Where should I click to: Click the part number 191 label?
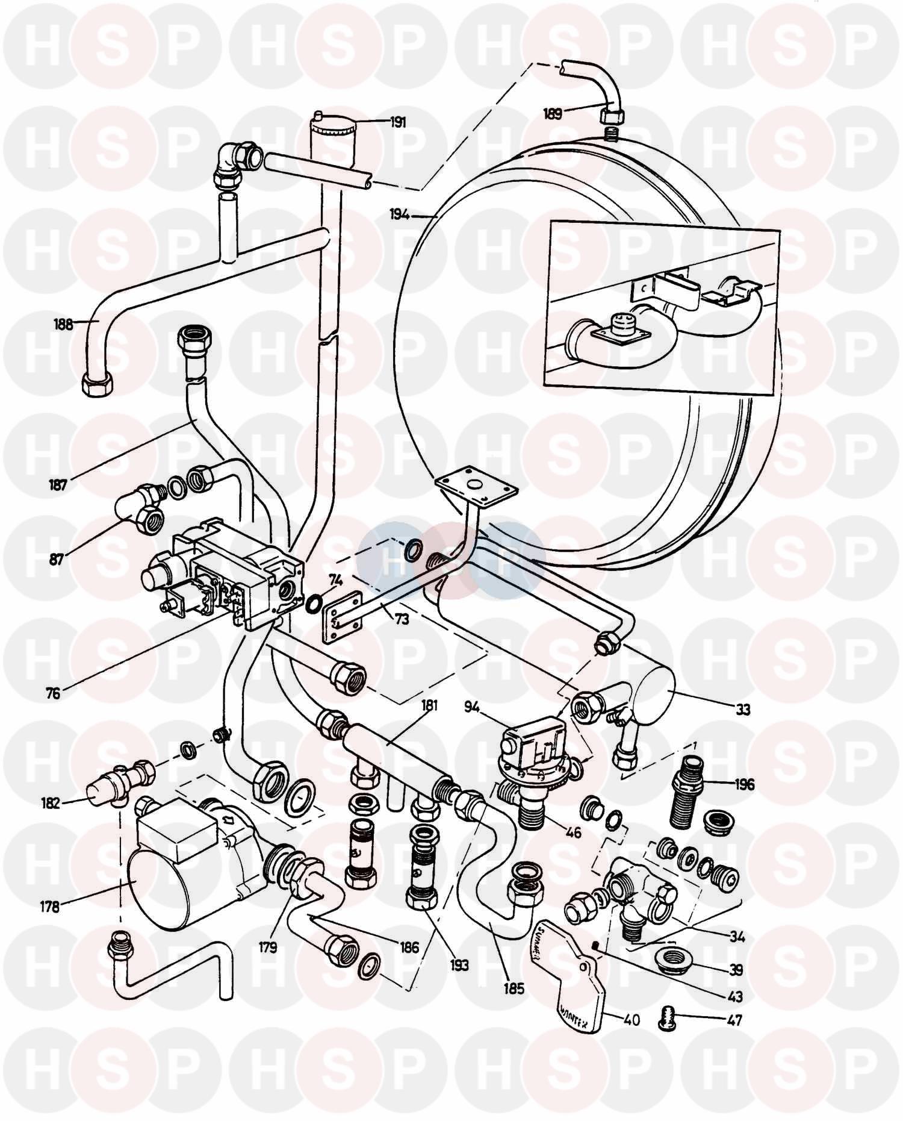tap(397, 122)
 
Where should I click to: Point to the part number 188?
tap(63, 324)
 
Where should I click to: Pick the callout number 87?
tap(56, 558)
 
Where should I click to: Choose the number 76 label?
tap(53, 693)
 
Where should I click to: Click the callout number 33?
tap(743, 710)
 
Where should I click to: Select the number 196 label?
tap(743, 784)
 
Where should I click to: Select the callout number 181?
tap(429, 705)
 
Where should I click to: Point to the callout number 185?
tap(515, 988)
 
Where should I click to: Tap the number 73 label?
tap(402, 618)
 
